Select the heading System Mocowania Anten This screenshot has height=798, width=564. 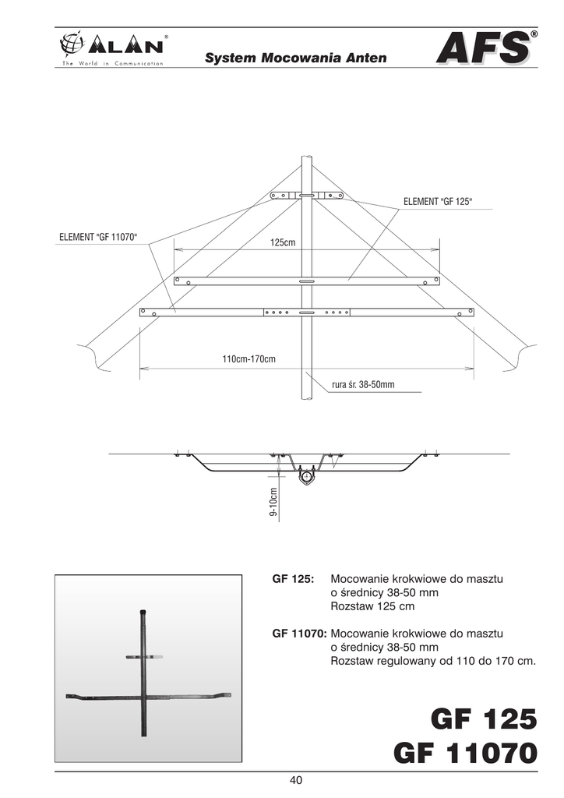(295, 58)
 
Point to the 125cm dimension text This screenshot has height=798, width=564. (283, 243)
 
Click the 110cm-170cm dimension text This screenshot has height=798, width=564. (249, 359)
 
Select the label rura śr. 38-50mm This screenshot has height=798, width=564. (363, 384)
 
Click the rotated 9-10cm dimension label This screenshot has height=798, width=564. (273, 503)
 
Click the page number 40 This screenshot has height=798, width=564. (295, 780)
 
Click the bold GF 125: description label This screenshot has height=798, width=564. (293, 580)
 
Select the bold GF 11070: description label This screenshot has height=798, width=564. (299, 634)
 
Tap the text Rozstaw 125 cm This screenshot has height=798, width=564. (372, 606)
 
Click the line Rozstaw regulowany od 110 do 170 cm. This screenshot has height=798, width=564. (434, 661)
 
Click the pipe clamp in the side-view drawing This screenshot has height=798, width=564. (306, 475)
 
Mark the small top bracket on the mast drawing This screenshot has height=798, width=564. (306, 195)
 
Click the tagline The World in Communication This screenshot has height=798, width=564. (108, 63)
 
